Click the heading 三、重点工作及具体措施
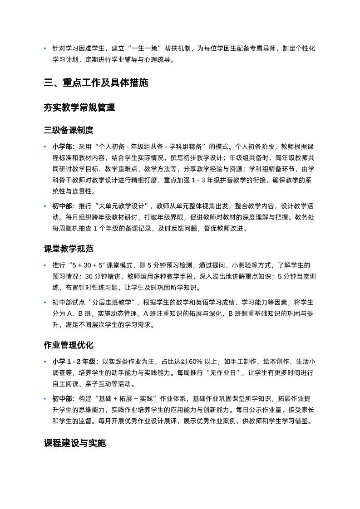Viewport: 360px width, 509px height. point(96,83)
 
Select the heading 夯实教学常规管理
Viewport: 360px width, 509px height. point(79,108)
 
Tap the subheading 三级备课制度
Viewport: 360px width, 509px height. point(69,130)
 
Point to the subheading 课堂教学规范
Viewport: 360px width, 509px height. point(69,249)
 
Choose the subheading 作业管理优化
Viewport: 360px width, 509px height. point(69,345)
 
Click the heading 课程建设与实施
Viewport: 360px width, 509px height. point(74,443)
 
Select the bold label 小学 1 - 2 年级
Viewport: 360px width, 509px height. point(74,362)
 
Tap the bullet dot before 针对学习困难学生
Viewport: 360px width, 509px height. point(45,49)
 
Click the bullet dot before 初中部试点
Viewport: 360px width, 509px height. point(45,303)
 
